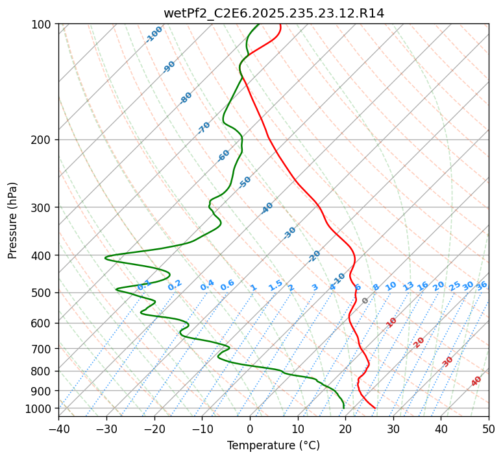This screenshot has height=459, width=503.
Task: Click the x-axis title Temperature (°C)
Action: click(273, 445)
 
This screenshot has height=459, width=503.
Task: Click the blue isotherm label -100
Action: click(154, 34)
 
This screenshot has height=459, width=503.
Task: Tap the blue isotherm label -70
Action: click(204, 128)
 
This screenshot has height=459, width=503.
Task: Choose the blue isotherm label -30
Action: click(289, 233)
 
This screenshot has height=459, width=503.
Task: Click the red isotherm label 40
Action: click(476, 381)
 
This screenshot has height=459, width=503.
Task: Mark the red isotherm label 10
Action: click(391, 322)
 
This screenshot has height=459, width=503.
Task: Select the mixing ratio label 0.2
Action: click(175, 285)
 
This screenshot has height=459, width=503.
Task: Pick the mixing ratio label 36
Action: click(482, 285)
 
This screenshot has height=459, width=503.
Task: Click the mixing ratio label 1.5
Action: click(275, 285)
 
